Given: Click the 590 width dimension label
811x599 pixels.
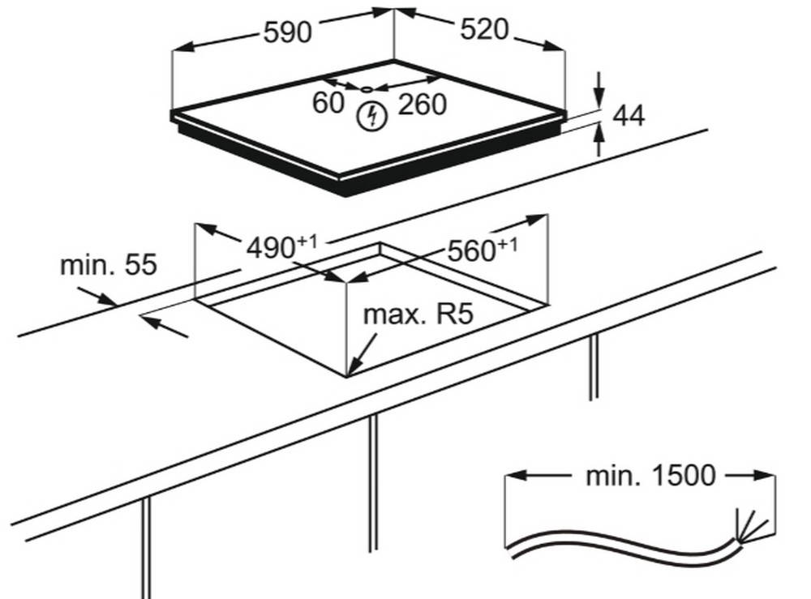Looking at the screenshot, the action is (288, 32).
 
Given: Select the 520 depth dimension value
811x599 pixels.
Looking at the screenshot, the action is (485, 29).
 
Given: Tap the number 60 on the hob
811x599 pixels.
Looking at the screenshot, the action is (328, 102).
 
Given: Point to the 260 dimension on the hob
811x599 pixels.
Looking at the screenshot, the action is (422, 104).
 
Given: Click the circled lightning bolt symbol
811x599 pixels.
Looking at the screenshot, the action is (372, 116).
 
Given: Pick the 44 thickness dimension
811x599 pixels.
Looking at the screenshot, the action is (629, 116).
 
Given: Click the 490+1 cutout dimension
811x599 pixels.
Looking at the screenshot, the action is (281, 246).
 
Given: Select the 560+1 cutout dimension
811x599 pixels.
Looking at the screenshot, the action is (482, 250).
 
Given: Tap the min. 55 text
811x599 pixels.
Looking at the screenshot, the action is (109, 264).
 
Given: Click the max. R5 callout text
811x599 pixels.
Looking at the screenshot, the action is (418, 314).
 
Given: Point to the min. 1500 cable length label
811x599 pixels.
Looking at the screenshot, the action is (650, 476).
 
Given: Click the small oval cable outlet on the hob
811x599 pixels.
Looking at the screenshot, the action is (367, 89).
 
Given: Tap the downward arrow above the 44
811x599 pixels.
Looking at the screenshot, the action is (599, 89).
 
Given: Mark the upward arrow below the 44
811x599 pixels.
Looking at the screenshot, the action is (599, 139).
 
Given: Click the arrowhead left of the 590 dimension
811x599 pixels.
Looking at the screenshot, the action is (183, 46).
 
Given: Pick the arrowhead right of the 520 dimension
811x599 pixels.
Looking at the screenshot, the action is (553, 45).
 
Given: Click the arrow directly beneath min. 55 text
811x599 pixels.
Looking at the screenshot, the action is (98, 296).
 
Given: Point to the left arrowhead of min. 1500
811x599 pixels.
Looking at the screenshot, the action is (516, 475).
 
